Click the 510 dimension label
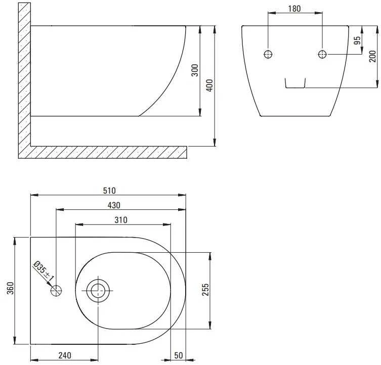[109, 191]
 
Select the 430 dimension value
[114, 205]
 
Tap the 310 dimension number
[121, 220]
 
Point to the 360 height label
[10, 288]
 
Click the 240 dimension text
[65, 355]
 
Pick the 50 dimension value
[178, 355]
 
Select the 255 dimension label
[205, 290]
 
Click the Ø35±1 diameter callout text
[44, 270]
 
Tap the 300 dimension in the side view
[195, 70]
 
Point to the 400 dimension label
[209, 85]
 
